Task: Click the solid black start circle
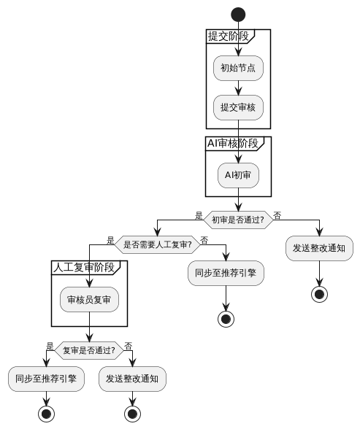[238, 14]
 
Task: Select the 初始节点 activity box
[238, 68]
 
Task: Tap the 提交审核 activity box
[238, 107]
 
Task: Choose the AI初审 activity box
[238, 175]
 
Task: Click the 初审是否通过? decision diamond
[238, 220]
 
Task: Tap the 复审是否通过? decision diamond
[89, 349]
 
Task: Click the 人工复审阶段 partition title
[84, 267]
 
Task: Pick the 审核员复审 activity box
[89, 299]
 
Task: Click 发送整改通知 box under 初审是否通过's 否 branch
[319, 248]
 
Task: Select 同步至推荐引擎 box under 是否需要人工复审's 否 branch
[226, 274]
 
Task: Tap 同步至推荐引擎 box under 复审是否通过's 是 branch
[46, 379]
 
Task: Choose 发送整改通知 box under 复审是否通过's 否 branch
[132, 379]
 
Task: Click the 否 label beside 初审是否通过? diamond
[277, 215]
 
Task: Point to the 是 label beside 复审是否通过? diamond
[50, 345]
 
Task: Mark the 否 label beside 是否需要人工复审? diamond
[204, 239]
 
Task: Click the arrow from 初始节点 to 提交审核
[238, 88]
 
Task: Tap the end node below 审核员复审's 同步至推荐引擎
[46, 414]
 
